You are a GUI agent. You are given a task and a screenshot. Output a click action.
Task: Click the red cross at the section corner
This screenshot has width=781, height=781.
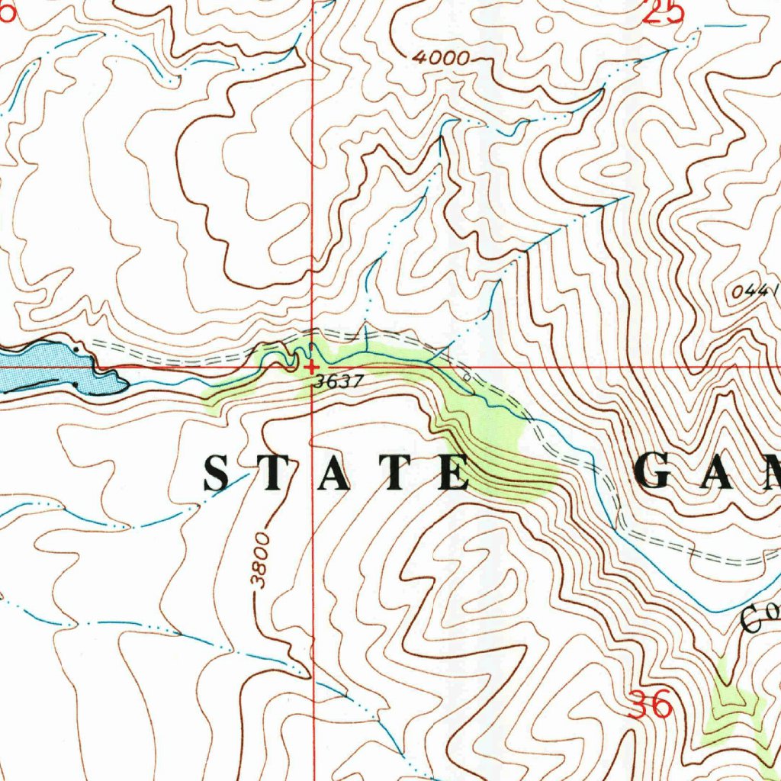coord(311,367)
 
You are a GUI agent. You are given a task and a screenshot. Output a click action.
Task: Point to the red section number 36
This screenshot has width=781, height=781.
coord(651,704)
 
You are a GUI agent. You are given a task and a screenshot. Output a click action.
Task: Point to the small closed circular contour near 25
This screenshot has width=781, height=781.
coord(544,24)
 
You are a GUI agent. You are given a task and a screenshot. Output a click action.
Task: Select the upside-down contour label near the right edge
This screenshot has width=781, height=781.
coord(754,291)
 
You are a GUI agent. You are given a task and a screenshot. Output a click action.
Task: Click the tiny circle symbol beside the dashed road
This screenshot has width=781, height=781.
coord(467,376)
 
